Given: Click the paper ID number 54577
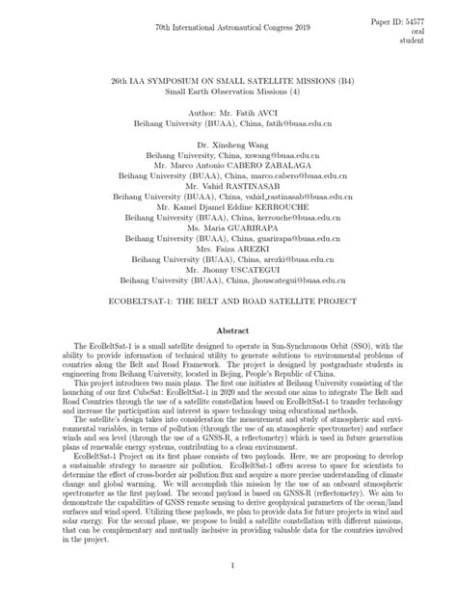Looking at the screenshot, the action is (434, 18).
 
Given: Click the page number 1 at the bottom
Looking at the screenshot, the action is (228, 567).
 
